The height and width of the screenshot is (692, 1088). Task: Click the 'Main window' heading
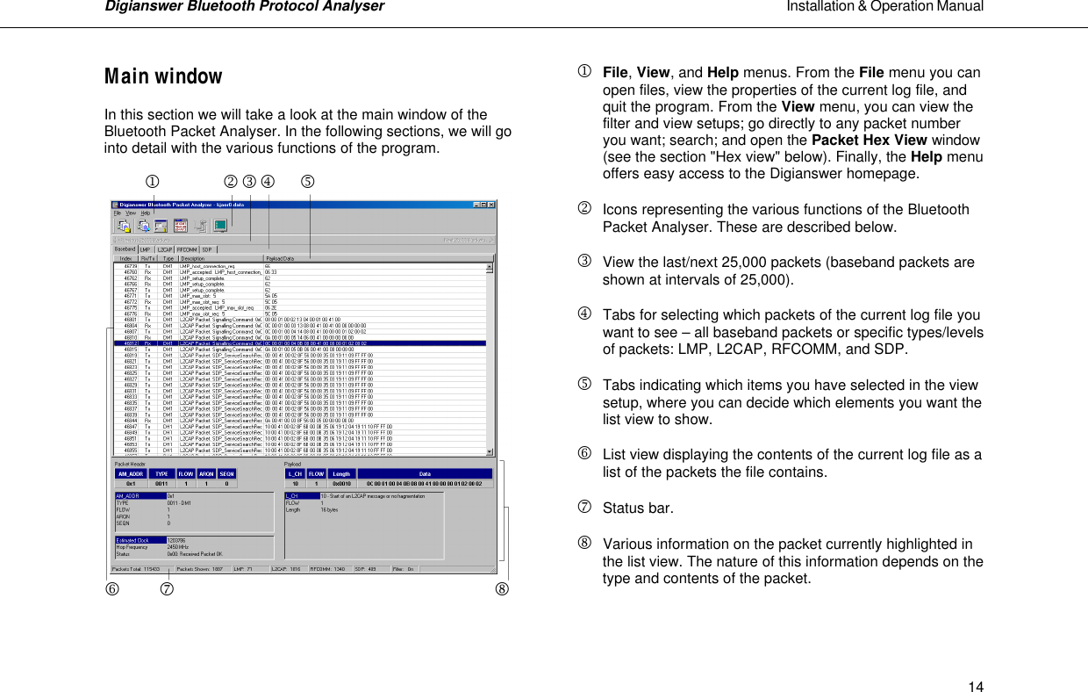163,76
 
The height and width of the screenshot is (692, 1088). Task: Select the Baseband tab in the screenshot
125,249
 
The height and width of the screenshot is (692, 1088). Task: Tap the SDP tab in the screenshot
207,249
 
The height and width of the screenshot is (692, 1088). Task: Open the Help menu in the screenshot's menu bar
146,213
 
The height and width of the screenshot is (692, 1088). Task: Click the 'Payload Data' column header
281,258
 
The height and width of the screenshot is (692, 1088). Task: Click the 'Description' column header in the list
193,258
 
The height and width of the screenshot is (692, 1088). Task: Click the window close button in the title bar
492,205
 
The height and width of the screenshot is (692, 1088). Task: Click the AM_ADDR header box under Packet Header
131,473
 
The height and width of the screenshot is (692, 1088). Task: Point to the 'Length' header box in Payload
340,473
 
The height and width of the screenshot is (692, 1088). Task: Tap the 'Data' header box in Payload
425,473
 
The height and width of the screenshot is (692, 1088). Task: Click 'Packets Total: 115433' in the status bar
136,569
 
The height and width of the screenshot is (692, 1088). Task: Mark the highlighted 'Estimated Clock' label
132,540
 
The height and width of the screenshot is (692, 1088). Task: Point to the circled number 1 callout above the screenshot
152,182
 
